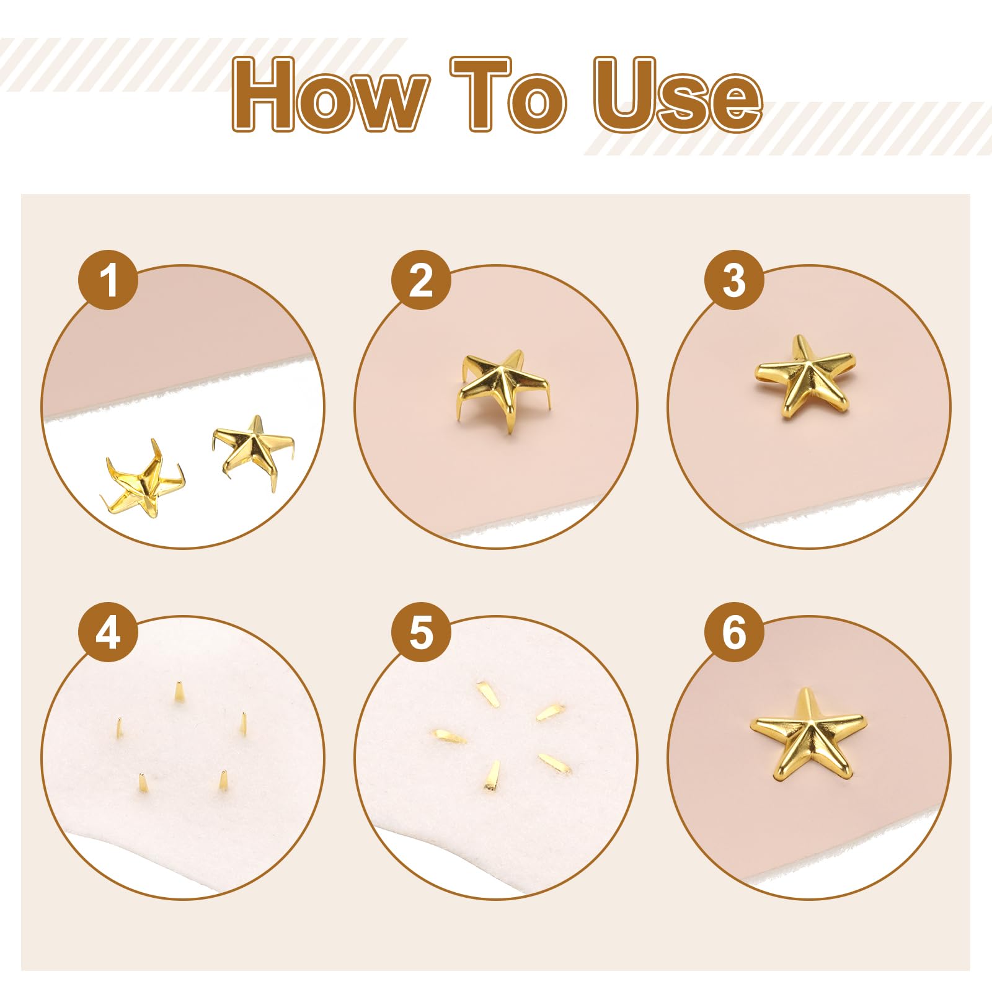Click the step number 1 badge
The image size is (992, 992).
tap(108, 280)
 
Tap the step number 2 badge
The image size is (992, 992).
tap(421, 280)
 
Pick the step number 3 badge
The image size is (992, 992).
tap(734, 280)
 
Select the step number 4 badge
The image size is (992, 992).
tap(108, 632)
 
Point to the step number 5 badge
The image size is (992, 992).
tap(421, 632)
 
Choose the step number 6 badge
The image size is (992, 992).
tap(734, 632)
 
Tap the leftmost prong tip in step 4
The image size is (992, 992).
tap(119, 728)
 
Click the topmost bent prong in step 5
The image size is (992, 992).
tap(488, 694)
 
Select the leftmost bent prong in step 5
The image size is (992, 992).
tap(451, 736)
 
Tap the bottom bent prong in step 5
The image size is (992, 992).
tap(493, 776)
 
